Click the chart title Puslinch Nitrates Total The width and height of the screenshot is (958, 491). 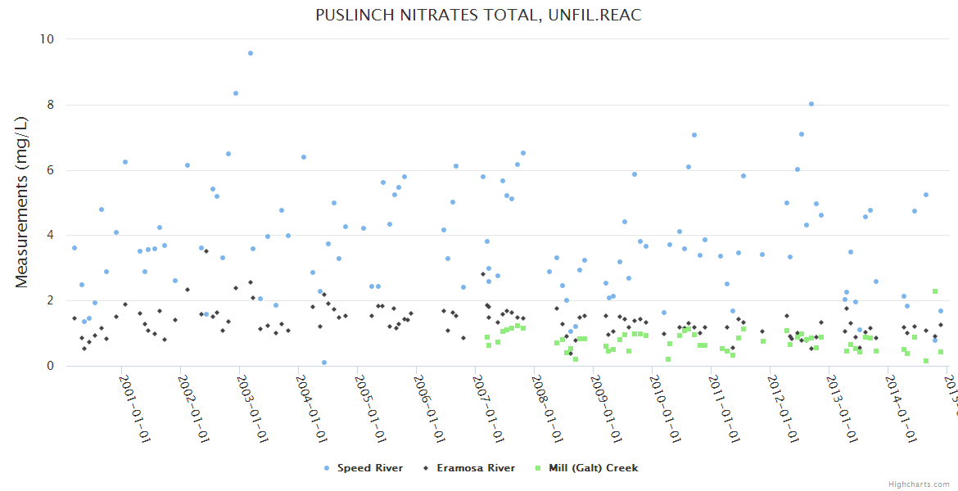click(478, 16)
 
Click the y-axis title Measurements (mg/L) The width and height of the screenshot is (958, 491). click(22, 201)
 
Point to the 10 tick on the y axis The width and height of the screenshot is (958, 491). click(47, 38)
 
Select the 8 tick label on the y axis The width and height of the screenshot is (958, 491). click(50, 105)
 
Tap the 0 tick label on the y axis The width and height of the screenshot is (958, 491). click(50, 366)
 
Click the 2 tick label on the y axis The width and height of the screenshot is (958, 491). click(50, 300)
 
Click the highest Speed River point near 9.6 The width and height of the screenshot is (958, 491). click(251, 53)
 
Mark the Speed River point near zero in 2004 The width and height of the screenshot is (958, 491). click(324, 363)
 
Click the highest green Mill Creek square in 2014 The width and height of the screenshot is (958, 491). click(935, 291)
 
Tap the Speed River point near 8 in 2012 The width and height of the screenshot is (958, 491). click(811, 104)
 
